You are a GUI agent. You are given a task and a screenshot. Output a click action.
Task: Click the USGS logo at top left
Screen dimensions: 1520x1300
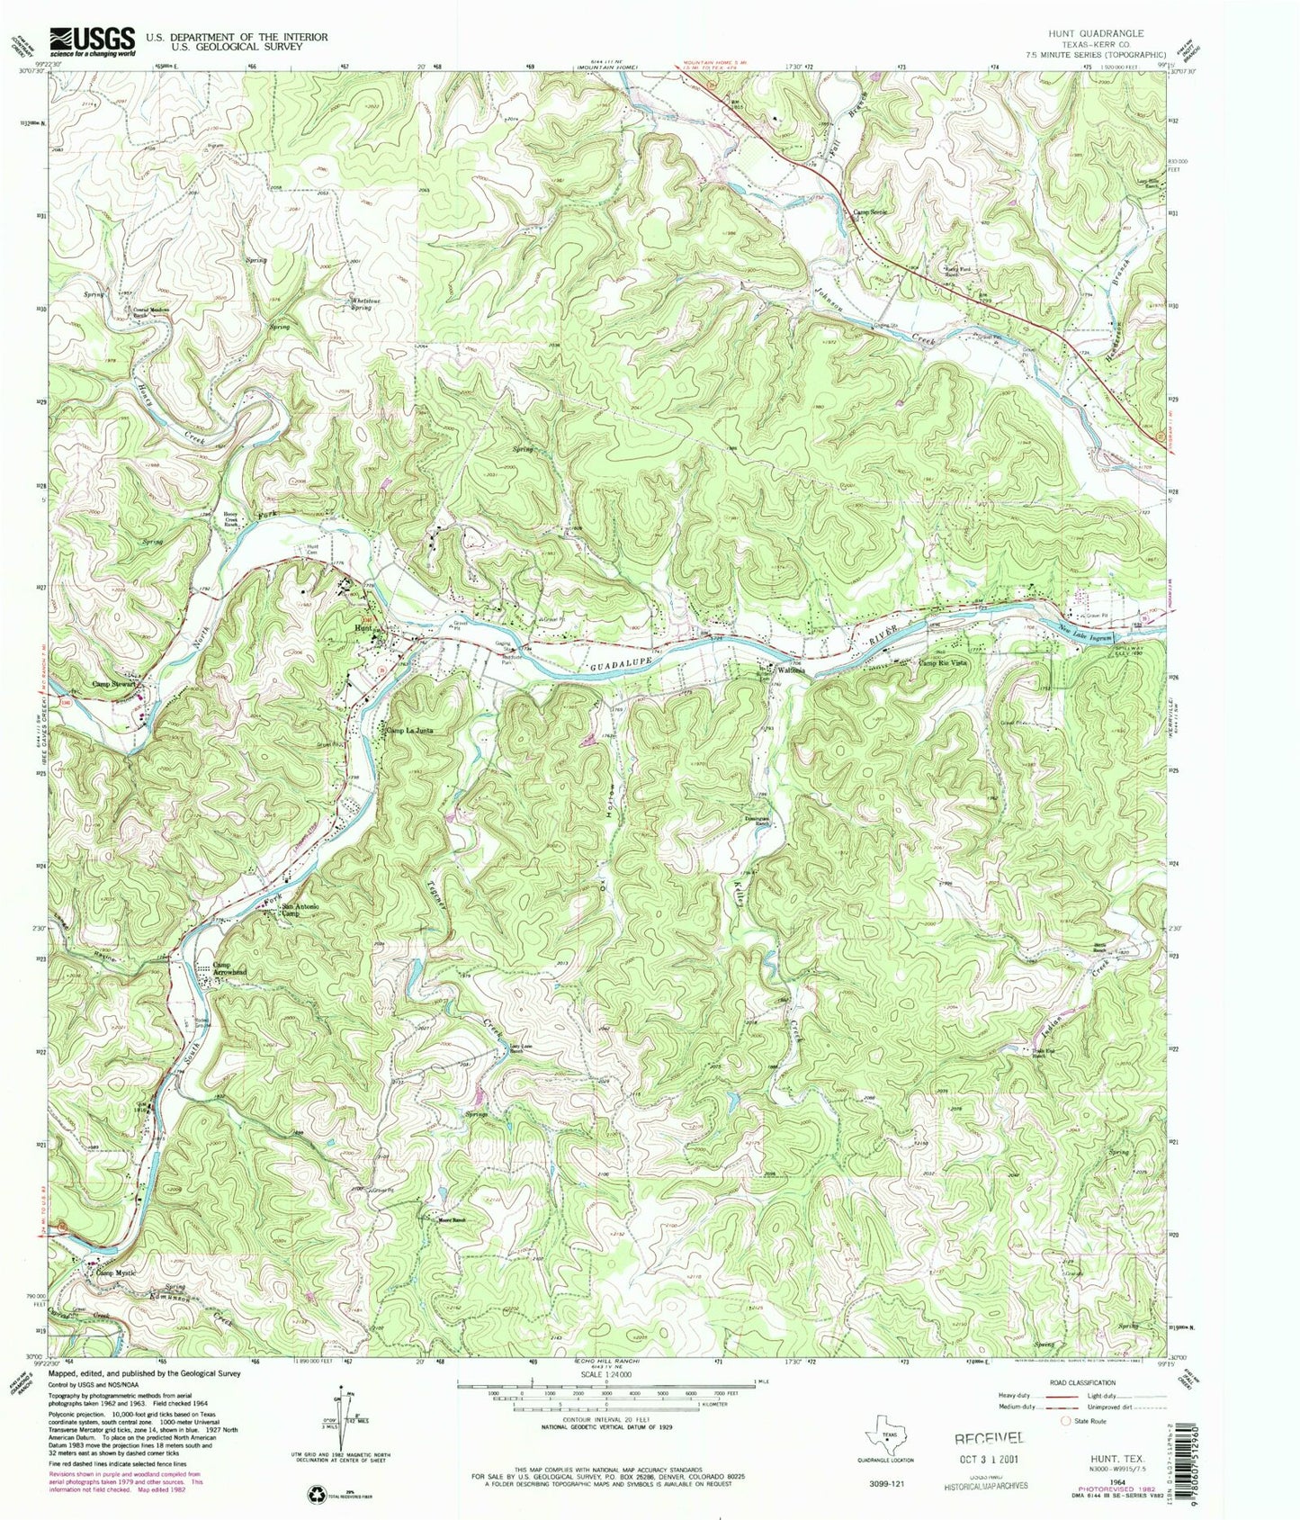coord(93,40)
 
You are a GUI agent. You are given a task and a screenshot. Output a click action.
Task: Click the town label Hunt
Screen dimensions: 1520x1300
coord(364,627)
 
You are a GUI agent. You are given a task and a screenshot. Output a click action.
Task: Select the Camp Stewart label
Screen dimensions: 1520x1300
coord(114,683)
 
